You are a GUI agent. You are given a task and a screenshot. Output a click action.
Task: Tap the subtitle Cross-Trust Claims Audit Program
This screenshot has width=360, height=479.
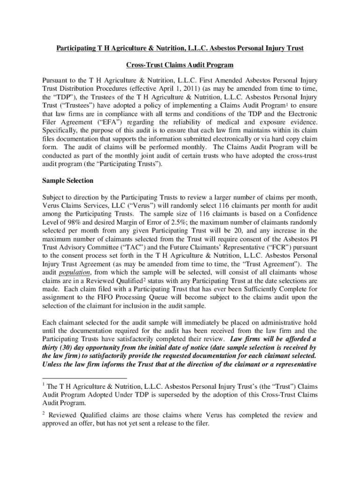180,65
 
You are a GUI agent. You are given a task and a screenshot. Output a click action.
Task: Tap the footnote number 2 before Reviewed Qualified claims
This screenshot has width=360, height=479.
44,414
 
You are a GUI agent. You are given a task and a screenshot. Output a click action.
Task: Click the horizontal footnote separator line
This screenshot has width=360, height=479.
84,378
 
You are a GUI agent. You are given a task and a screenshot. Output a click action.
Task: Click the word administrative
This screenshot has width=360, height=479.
274,322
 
